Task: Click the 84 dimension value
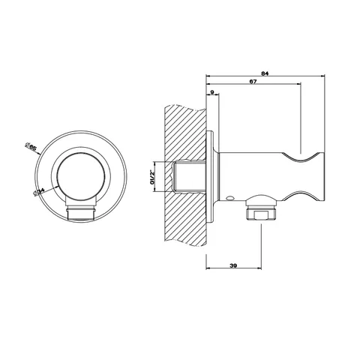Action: (265, 73)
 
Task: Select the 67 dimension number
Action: (253, 82)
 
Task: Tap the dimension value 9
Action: (212, 92)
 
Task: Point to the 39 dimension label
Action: (233, 265)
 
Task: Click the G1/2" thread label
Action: (152, 177)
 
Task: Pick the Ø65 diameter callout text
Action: (31, 146)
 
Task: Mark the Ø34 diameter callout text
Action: (38, 192)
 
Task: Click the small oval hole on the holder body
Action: (230, 199)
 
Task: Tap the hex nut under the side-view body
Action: (261, 213)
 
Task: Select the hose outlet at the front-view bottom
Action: (80, 211)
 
